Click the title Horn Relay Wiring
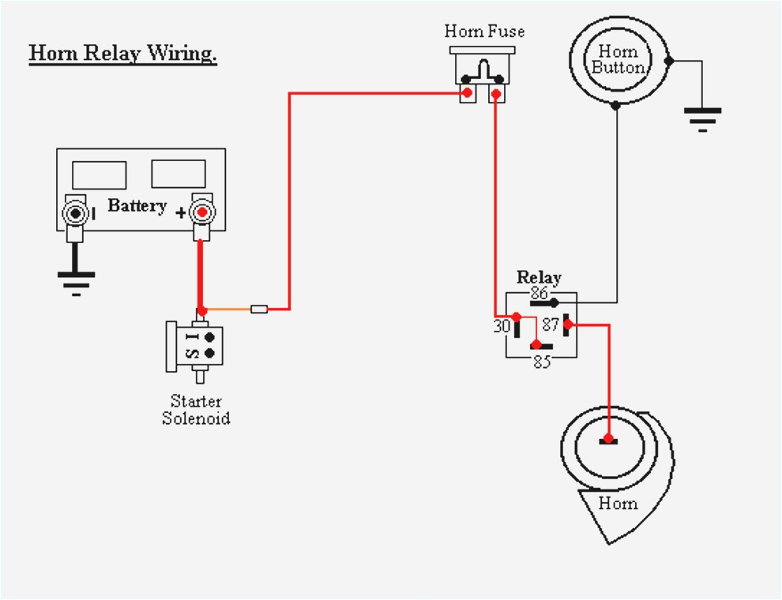point(122,54)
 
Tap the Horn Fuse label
point(484,32)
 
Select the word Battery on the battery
point(137,206)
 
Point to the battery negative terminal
point(76,214)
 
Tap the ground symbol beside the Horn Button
point(702,118)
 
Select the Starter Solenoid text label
point(196,410)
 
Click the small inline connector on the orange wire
point(259,309)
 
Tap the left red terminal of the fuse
point(468,94)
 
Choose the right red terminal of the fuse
point(495,95)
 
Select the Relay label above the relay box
point(539,277)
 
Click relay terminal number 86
point(540,294)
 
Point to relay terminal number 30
point(502,324)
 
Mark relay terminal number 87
point(551,324)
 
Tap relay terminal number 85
point(541,362)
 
